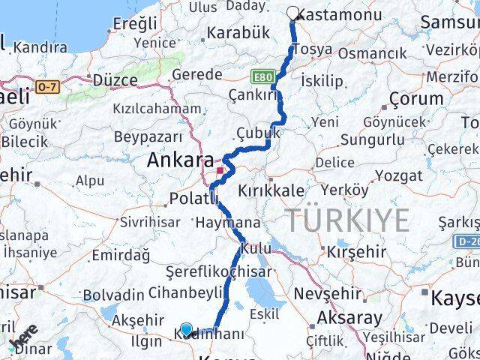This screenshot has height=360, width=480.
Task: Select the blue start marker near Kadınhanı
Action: (x=187, y=328)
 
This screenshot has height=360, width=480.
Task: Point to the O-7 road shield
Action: (x=46, y=87)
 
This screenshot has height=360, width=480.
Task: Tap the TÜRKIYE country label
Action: (x=347, y=220)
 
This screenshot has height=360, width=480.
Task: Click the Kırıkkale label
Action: (x=271, y=191)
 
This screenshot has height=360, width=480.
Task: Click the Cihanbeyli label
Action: (x=185, y=292)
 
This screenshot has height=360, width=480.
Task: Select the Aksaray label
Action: (x=349, y=317)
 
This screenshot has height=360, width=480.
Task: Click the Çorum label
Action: (x=416, y=98)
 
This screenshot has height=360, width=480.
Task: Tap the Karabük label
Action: (x=237, y=33)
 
